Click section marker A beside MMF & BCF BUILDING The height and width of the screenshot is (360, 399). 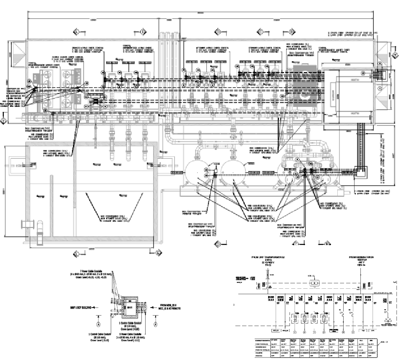pyautogui.click(x=98, y=324)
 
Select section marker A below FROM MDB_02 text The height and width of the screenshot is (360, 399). pyautogui.click(x=156, y=324)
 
